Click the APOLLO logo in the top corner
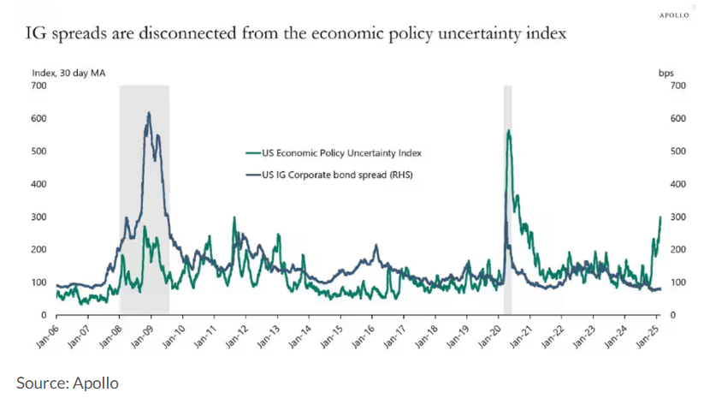tap(674, 15)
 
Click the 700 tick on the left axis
tap(38, 86)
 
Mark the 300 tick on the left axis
tap(38, 217)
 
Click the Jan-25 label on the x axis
tap(648, 336)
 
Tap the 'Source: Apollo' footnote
tap(68, 383)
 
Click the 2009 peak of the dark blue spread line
tap(149, 113)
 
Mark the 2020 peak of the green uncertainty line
tap(509, 131)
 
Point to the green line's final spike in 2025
tap(660, 217)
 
